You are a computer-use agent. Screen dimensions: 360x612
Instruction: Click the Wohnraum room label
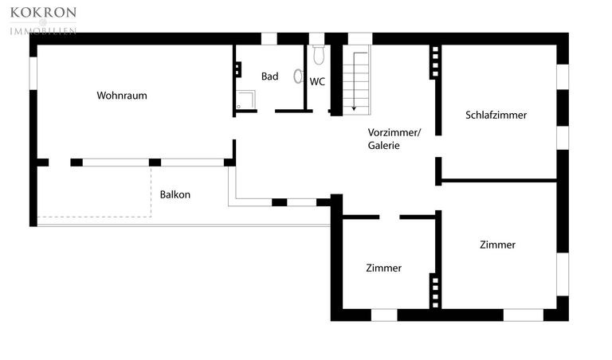(x=122, y=96)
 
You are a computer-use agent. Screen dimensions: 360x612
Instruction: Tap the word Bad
(x=270, y=76)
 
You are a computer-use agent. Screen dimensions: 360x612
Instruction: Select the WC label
(x=317, y=81)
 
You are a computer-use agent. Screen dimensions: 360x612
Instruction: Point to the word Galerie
(x=383, y=146)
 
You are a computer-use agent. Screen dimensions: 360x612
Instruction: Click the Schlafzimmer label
(x=496, y=115)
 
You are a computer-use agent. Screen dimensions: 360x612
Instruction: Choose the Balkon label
(x=175, y=194)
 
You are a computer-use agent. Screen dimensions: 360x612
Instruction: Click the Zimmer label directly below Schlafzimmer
(x=497, y=245)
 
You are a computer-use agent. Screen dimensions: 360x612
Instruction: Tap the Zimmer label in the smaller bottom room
(x=383, y=268)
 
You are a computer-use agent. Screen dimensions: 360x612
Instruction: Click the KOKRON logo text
(x=43, y=13)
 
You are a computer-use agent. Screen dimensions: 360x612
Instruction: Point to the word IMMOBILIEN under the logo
(x=43, y=30)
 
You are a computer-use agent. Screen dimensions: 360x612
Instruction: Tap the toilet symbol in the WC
(x=319, y=55)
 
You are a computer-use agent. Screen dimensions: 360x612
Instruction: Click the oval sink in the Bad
(x=299, y=76)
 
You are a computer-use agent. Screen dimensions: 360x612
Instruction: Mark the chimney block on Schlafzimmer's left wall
(x=434, y=62)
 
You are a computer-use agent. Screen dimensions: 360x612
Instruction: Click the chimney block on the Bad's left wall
(x=237, y=68)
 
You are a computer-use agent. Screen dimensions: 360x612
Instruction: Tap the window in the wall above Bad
(x=269, y=38)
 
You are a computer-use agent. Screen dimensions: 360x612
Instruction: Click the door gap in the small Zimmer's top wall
(x=390, y=217)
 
